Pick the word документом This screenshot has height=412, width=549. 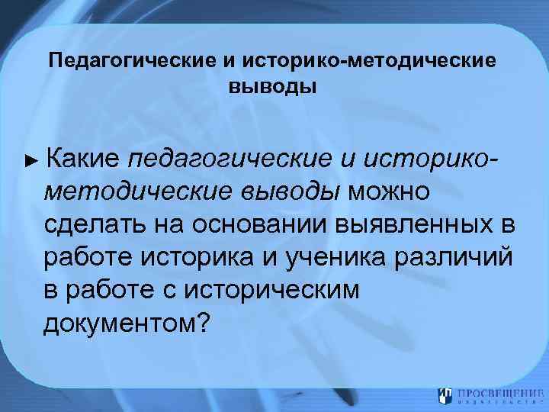(120, 323)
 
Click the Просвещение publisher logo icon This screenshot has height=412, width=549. (445, 395)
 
